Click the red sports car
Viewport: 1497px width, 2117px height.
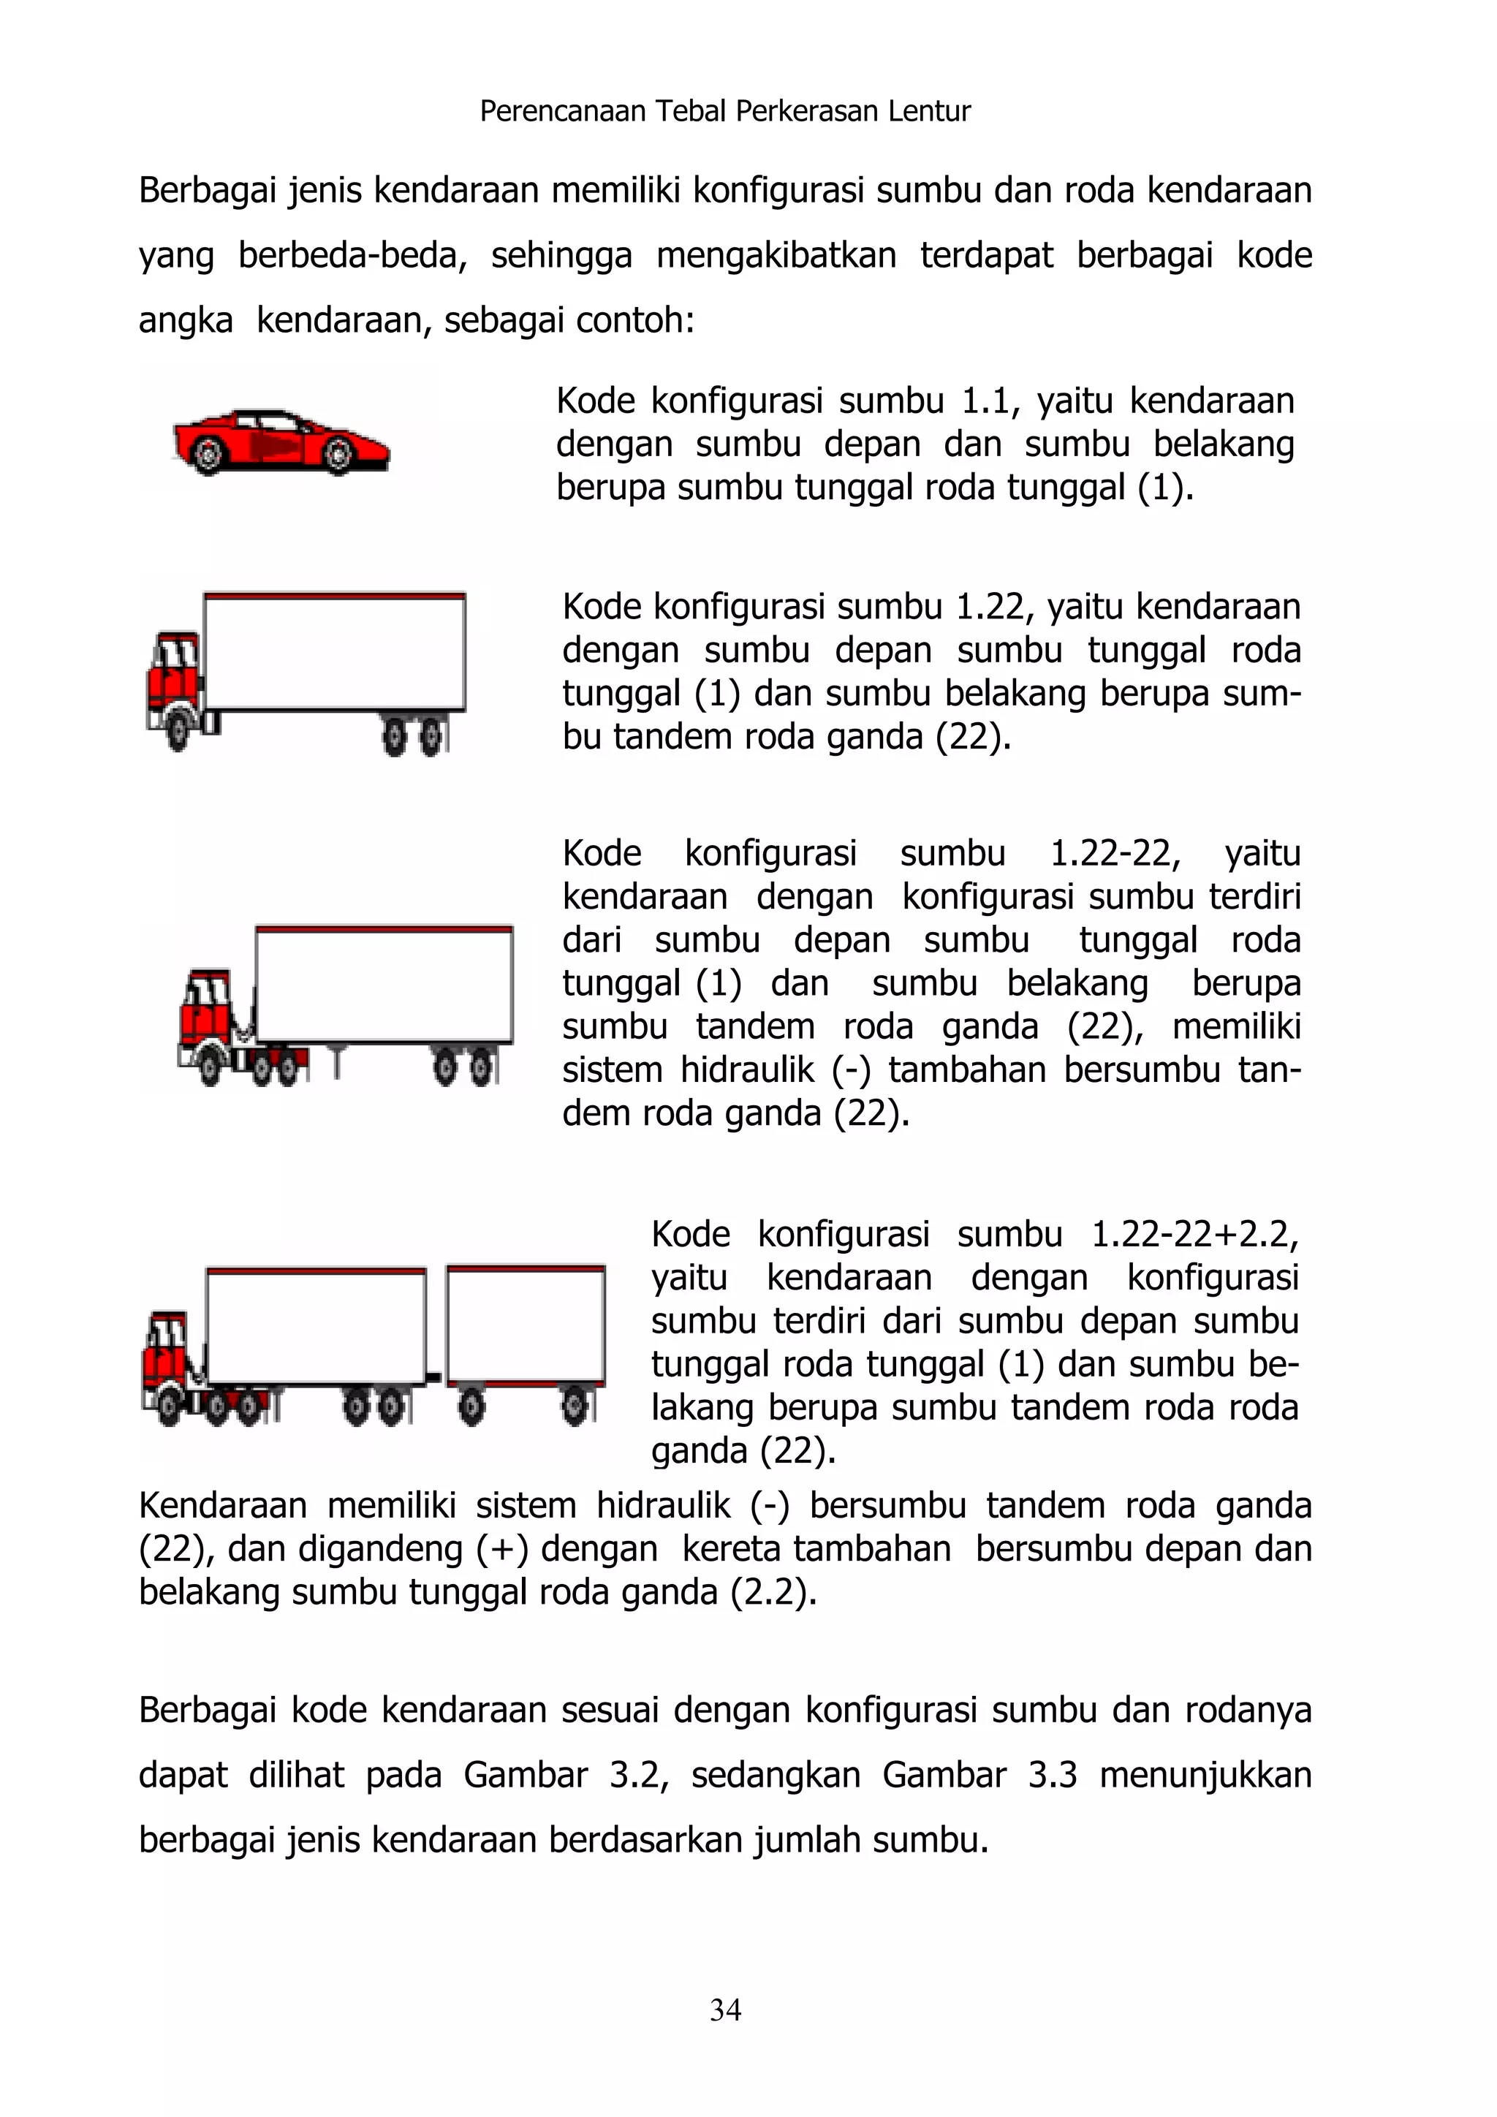click(281, 442)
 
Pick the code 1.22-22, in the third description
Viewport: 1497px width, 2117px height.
click(1115, 854)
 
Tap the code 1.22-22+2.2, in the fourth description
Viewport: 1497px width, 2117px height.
click(1194, 1235)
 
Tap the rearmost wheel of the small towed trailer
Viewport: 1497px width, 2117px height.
click(575, 1408)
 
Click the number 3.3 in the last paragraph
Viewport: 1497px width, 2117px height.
click(1052, 1775)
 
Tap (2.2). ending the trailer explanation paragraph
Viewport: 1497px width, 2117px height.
click(773, 1592)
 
